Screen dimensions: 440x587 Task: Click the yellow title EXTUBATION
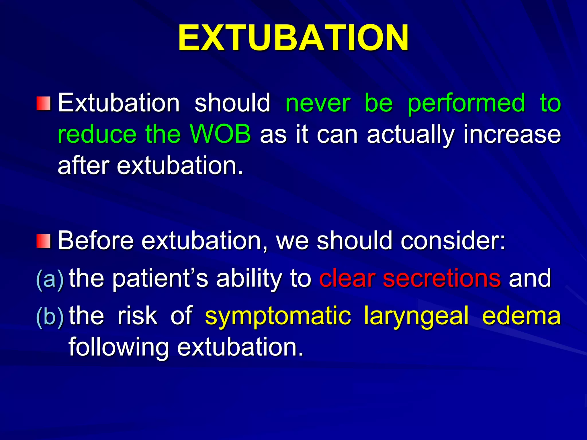point(293,38)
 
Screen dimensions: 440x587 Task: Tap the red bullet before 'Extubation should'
point(44,103)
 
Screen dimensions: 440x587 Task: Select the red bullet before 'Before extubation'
point(44,241)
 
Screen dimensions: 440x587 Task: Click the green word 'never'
point(318,103)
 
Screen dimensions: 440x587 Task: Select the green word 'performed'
point(466,104)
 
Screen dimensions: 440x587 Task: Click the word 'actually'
point(410,135)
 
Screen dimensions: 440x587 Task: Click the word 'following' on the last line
point(118,347)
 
